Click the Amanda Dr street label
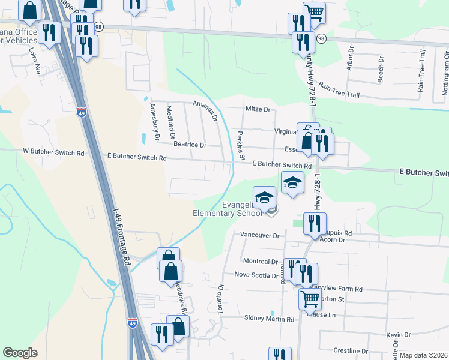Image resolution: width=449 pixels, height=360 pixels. pyautogui.click(x=205, y=110)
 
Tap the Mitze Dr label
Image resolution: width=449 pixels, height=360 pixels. pyautogui.click(x=259, y=109)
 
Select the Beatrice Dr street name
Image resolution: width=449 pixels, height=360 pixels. pyautogui.click(x=190, y=145)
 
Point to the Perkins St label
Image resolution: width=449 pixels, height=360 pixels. pyautogui.click(x=241, y=146)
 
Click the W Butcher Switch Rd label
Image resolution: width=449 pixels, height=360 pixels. pyautogui.click(x=53, y=153)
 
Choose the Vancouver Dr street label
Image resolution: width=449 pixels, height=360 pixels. pyautogui.click(x=260, y=236)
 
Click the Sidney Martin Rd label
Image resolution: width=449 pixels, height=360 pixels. pyautogui.click(x=270, y=319)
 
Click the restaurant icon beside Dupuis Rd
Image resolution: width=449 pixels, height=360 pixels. pyautogui.click(x=315, y=223)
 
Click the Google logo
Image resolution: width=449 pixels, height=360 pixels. pyautogui.click(x=20, y=353)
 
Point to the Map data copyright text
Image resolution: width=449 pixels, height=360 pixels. pyautogui.click(x=424, y=355)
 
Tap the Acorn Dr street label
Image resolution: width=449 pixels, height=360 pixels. pyautogui.click(x=334, y=240)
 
